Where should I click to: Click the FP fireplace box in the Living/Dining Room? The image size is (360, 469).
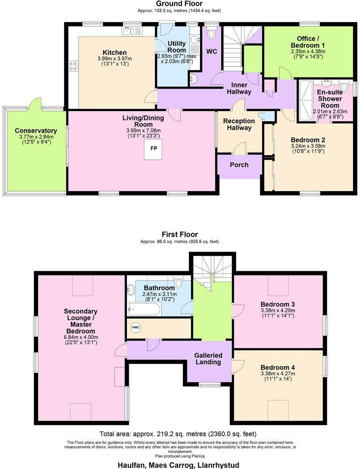click(153, 149)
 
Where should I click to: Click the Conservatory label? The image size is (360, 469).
click(36, 131)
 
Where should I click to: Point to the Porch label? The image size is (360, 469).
click(239, 164)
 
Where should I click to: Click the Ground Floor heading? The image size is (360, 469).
click(180, 3)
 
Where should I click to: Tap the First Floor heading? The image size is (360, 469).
click(180, 234)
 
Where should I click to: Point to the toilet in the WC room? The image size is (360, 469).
click(211, 34)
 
